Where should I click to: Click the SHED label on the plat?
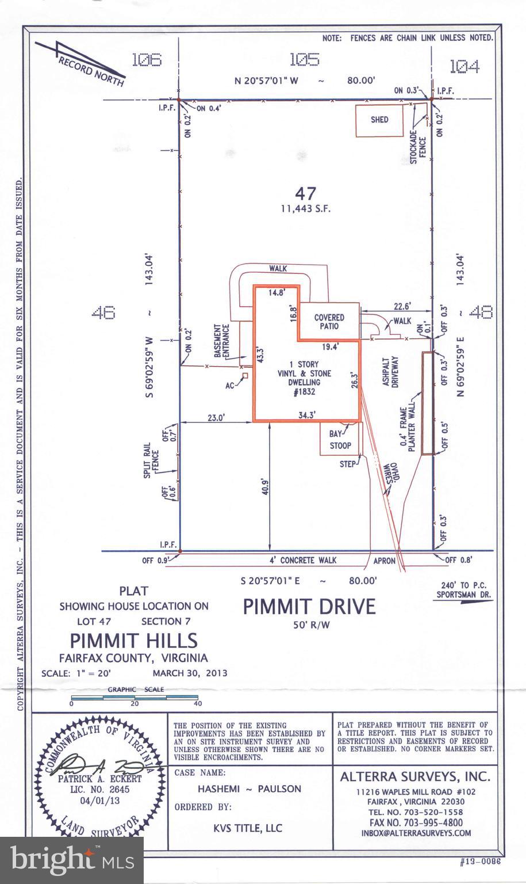pos(379,120)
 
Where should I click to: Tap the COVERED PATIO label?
pos(329,322)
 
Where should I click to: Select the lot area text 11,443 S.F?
pos(306,209)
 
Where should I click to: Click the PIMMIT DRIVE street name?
pos(309,607)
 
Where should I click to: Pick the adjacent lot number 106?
pos(147,60)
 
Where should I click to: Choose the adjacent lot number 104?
pos(463,67)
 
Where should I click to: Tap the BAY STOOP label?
pos(340,440)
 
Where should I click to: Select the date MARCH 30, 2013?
pos(190,673)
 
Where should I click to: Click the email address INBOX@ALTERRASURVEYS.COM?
pos(416,833)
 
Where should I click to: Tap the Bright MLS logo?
pos(72,860)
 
